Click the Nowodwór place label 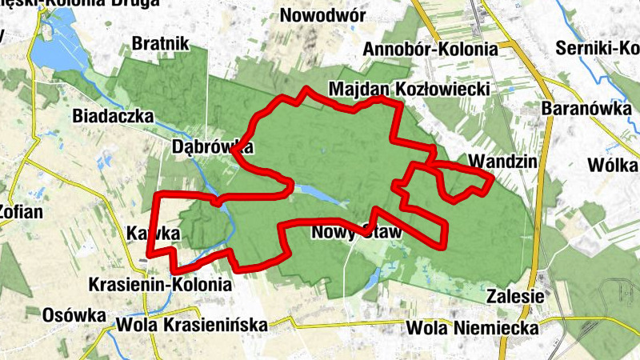[323, 15]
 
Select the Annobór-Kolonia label [430, 50]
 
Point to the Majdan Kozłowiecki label [408, 88]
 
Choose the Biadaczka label [113, 115]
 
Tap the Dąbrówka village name [213, 147]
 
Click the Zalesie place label [515, 297]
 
